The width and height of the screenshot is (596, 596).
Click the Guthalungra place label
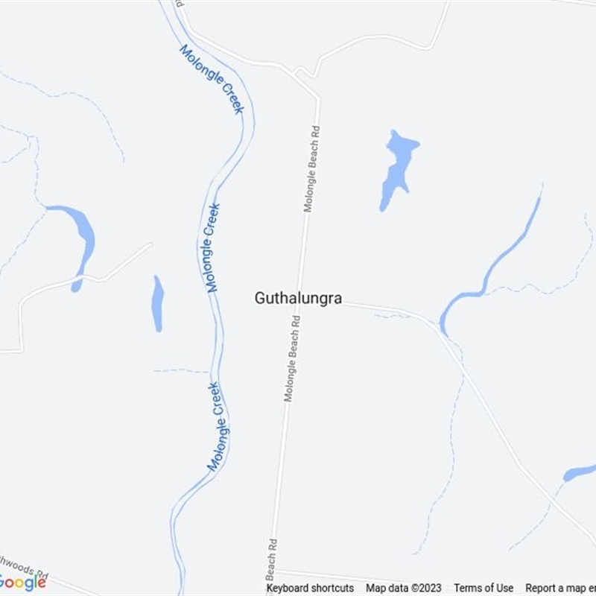pos(298,298)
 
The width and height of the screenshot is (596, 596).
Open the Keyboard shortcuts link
pos(310,588)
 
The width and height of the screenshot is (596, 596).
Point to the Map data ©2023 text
pos(404,588)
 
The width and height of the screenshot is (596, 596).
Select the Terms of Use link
pos(484,588)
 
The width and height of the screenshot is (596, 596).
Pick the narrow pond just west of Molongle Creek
pos(157,303)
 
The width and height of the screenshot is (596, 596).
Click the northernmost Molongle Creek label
pos(212,79)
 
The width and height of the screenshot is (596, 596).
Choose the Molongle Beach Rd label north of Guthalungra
pos(311,169)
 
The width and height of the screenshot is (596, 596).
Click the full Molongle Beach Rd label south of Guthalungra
pos(292,359)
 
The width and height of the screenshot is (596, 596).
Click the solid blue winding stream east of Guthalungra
pos(492,268)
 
